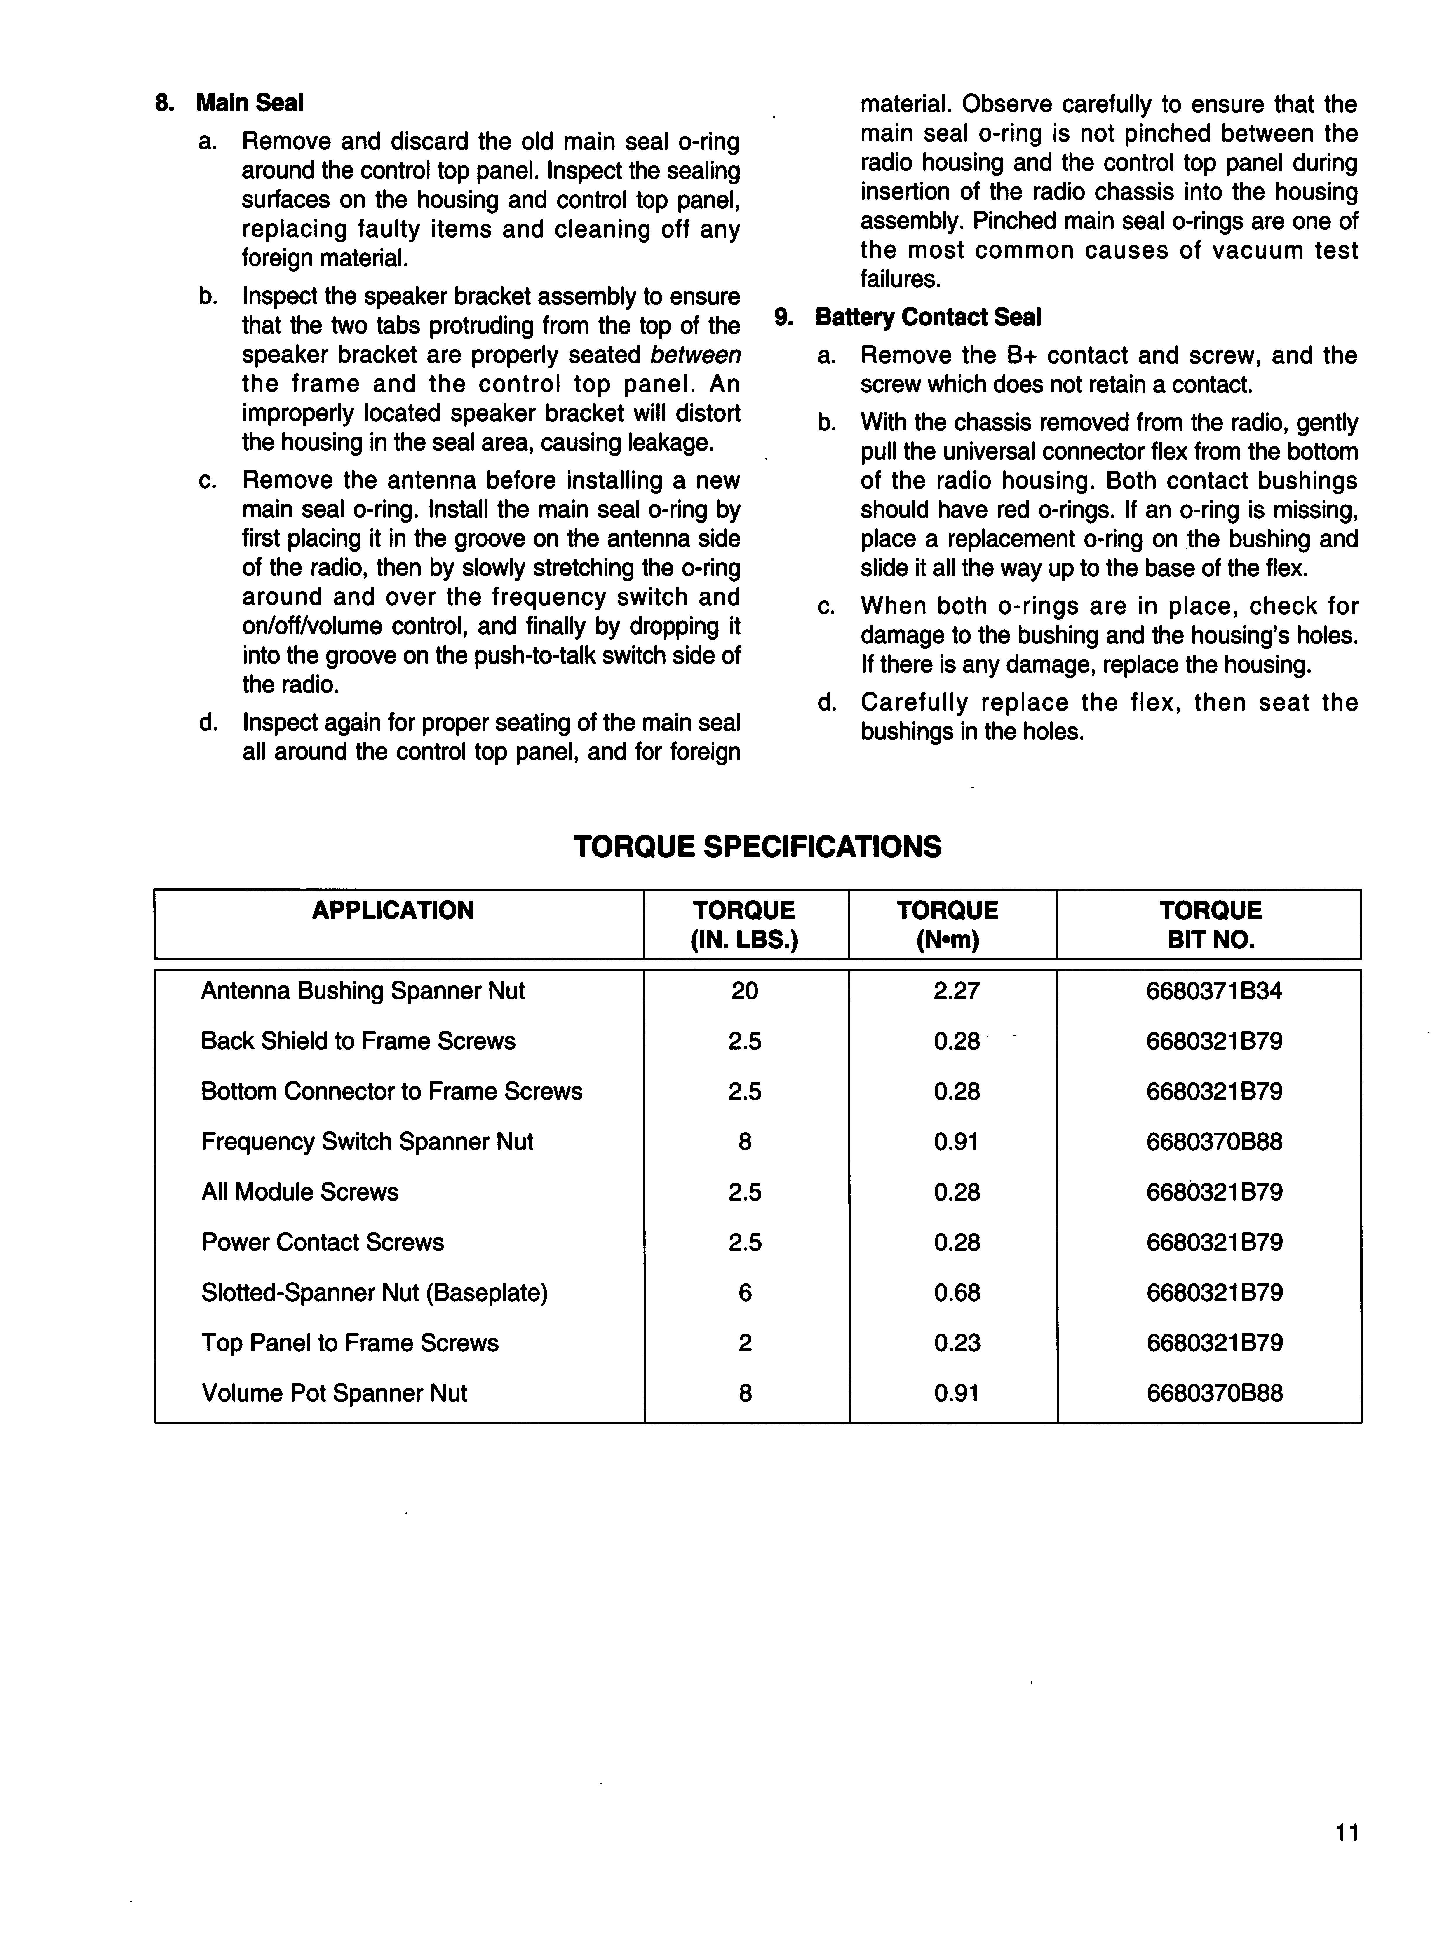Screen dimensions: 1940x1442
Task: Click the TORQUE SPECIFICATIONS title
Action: pyautogui.click(x=758, y=847)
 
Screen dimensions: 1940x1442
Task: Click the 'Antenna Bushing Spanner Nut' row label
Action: pyautogui.click(x=363, y=991)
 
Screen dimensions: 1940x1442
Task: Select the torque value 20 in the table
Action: pyautogui.click(x=745, y=991)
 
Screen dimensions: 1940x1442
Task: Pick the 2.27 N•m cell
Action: pyautogui.click(x=957, y=991)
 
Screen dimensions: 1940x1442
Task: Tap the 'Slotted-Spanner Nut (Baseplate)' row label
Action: pyautogui.click(x=375, y=1292)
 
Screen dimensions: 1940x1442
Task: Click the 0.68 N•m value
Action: pyautogui.click(x=957, y=1292)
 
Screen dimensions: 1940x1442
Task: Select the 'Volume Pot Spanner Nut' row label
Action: pyautogui.click(x=334, y=1393)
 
